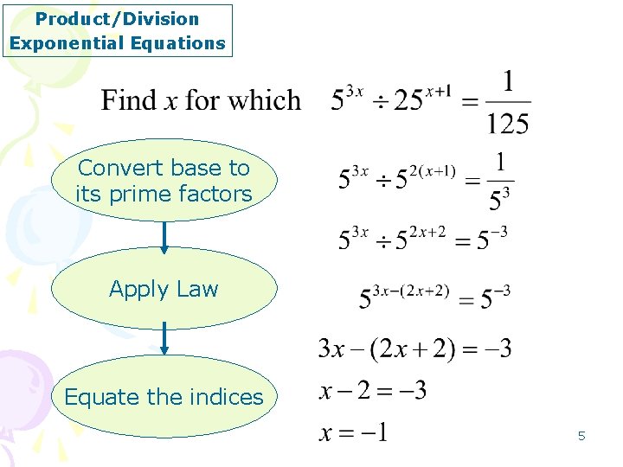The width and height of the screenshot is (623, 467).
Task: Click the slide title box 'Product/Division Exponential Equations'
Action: coord(118,30)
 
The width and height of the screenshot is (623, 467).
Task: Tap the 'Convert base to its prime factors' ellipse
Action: coord(164,181)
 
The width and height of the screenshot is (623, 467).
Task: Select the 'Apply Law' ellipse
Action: coord(164,289)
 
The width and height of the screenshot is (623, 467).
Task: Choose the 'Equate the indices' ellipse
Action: coord(164,397)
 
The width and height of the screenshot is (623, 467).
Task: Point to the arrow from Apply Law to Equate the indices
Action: coord(164,340)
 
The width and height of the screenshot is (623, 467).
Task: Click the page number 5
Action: coord(581,436)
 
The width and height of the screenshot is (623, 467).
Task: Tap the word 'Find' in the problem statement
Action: coord(127,100)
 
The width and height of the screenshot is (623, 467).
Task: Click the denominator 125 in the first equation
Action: coord(507,124)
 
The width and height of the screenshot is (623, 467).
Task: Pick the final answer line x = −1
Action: coord(354,431)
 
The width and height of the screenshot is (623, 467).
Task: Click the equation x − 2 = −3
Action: coord(373,391)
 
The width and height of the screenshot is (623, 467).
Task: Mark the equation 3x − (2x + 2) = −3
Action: coord(414,349)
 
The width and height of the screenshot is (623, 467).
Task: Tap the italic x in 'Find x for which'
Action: coord(170,101)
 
